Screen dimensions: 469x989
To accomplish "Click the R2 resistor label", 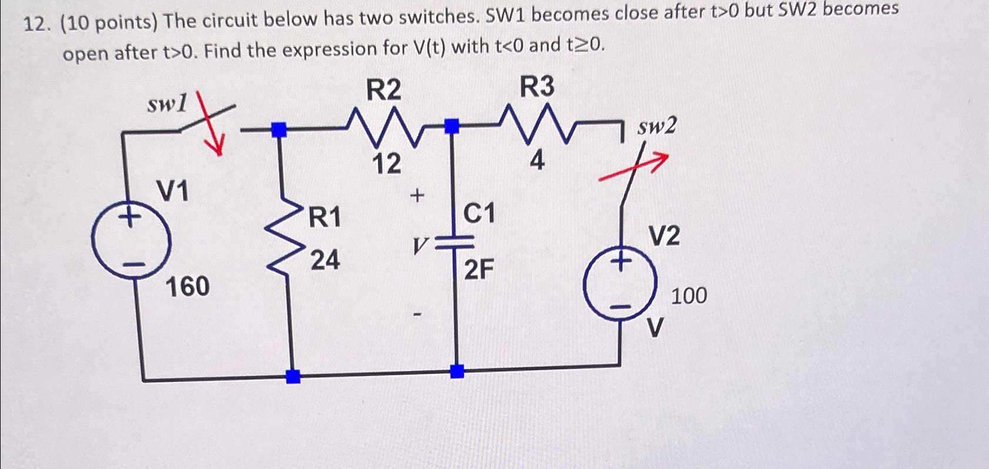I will (x=384, y=90).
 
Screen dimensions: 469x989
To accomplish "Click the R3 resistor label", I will (x=537, y=87).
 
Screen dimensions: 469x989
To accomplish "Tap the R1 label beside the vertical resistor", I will (x=324, y=217).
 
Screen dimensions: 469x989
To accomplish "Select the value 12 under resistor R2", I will (x=386, y=163).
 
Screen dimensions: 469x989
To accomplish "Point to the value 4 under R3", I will (x=536, y=161).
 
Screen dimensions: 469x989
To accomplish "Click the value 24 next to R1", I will (x=324, y=259).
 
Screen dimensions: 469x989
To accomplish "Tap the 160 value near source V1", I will (x=187, y=287).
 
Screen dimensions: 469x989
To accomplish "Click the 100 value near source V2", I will (x=689, y=296).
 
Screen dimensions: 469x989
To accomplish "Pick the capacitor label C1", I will (x=479, y=213).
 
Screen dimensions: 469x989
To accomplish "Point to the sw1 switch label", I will (x=167, y=105).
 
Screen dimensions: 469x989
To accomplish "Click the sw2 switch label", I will (x=656, y=125).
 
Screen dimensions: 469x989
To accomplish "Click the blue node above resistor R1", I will (x=280, y=129).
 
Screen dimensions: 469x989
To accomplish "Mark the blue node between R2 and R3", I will (x=451, y=126).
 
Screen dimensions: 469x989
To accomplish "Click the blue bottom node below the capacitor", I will (x=457, y=371).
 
